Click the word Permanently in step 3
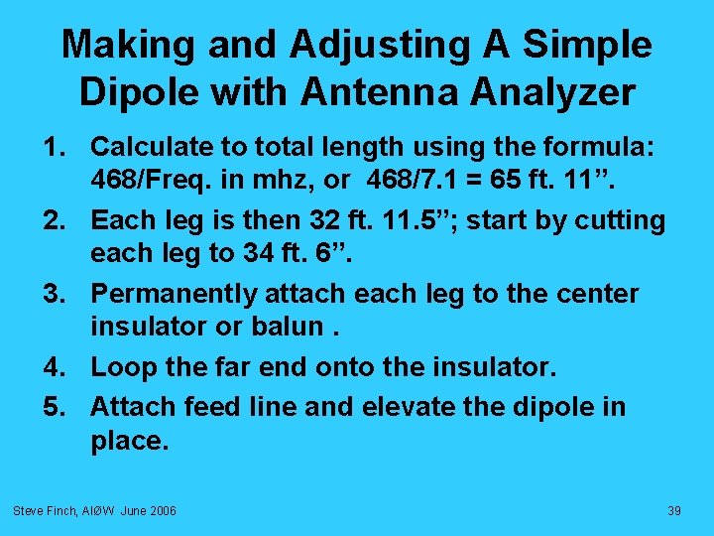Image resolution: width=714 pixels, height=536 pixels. pos(172,295)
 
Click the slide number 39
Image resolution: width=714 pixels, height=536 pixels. pos(674,510)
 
